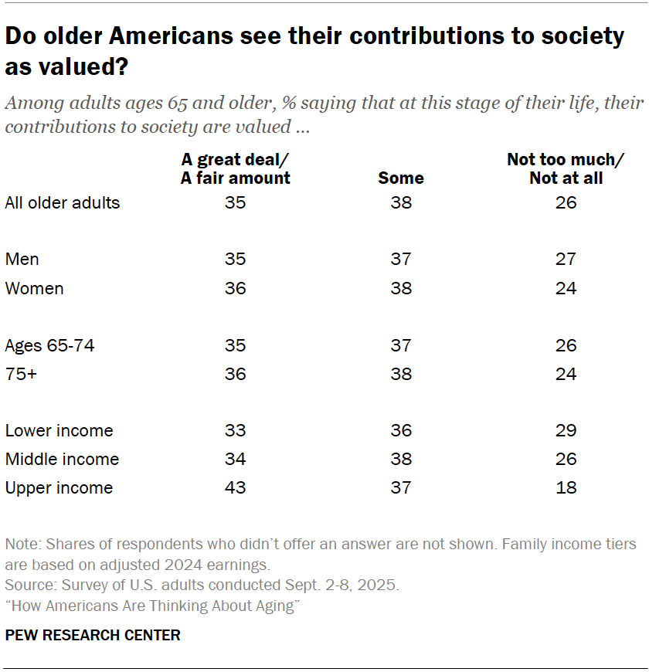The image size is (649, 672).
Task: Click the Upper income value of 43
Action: click(235, 487)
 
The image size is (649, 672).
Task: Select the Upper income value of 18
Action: click(566, 487)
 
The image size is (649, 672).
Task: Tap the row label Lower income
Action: click(59, 430)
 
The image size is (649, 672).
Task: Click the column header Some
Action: click(400, 178)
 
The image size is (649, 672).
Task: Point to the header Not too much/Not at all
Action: click(566, 168)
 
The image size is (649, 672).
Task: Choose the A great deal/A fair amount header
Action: click(235, 168)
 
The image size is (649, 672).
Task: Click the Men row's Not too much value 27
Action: click(566, 260)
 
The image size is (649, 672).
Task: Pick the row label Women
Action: click(34, 288)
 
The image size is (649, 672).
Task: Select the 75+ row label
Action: click(22, 374)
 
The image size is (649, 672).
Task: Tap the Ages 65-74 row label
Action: click(49, 345)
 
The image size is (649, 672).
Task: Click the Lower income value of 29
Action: click(566, 430)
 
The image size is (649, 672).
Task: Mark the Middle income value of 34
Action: click(235, 459)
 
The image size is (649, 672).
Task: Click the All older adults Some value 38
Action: click(400, 202)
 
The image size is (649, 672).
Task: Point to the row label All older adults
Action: click(62, 202)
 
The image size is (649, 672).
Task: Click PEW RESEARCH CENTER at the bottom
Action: click(92, 635)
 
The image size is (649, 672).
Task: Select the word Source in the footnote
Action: click(26, 585)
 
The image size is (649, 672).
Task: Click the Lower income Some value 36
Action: click(400, 430)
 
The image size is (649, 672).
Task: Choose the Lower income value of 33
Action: click(235, 430)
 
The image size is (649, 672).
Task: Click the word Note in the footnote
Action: click(19, 545)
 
